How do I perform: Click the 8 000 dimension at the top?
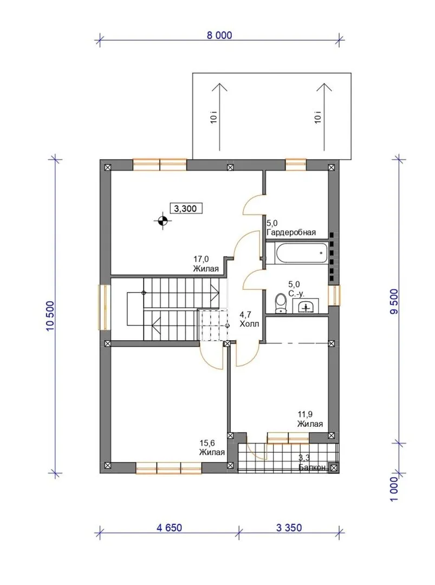(x=219, y=35)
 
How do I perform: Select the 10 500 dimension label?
(x=50, y=316)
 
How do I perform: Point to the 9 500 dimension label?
(x=394, y=302)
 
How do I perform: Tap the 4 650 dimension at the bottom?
(x=170, y=528)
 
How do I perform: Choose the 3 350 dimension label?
(x=289, y=528)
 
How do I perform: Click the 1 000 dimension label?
(x=394, y=489)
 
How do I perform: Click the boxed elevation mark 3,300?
(x=186, y=208)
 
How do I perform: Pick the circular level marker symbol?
(x=163, y=221)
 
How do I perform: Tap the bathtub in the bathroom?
(x=301, y=252)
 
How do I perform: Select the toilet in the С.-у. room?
(x=280, y=303)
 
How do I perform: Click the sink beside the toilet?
(x=306, y=306)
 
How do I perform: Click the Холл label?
(x=249, y=323)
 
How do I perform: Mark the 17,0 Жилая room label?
(x=206, y=264)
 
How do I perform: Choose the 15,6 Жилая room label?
(x=212, y=448)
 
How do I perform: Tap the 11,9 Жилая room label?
(x=310, y=419)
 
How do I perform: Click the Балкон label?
(x=313, y=467)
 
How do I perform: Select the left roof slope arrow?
(x=220, y=117)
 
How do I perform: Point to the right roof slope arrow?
(x=324, y=117)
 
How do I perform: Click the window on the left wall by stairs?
(x=105, y=308)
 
